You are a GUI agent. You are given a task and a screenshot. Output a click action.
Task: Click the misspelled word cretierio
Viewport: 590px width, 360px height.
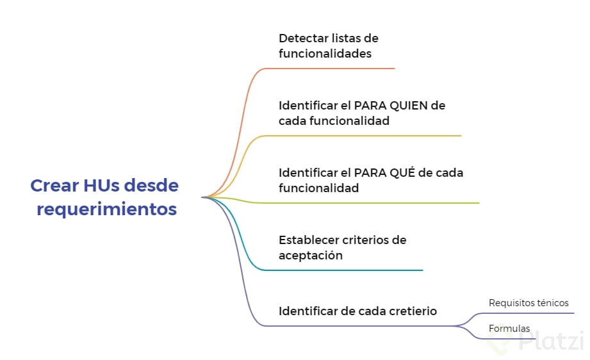coord(413,311)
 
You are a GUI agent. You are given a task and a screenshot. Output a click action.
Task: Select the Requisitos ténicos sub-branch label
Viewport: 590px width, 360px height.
coord(528,303)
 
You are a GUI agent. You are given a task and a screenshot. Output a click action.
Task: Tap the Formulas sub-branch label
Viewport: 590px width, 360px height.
coord(509,329)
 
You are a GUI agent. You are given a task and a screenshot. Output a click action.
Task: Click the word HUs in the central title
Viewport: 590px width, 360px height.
coord(101,186)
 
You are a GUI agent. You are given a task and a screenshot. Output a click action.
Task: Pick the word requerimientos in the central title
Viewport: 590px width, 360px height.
coord(106,209)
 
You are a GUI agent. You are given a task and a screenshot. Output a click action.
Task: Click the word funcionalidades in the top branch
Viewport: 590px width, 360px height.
coord(325,54)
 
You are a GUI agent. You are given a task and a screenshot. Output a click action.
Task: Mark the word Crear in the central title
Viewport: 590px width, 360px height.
coord(54,186)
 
